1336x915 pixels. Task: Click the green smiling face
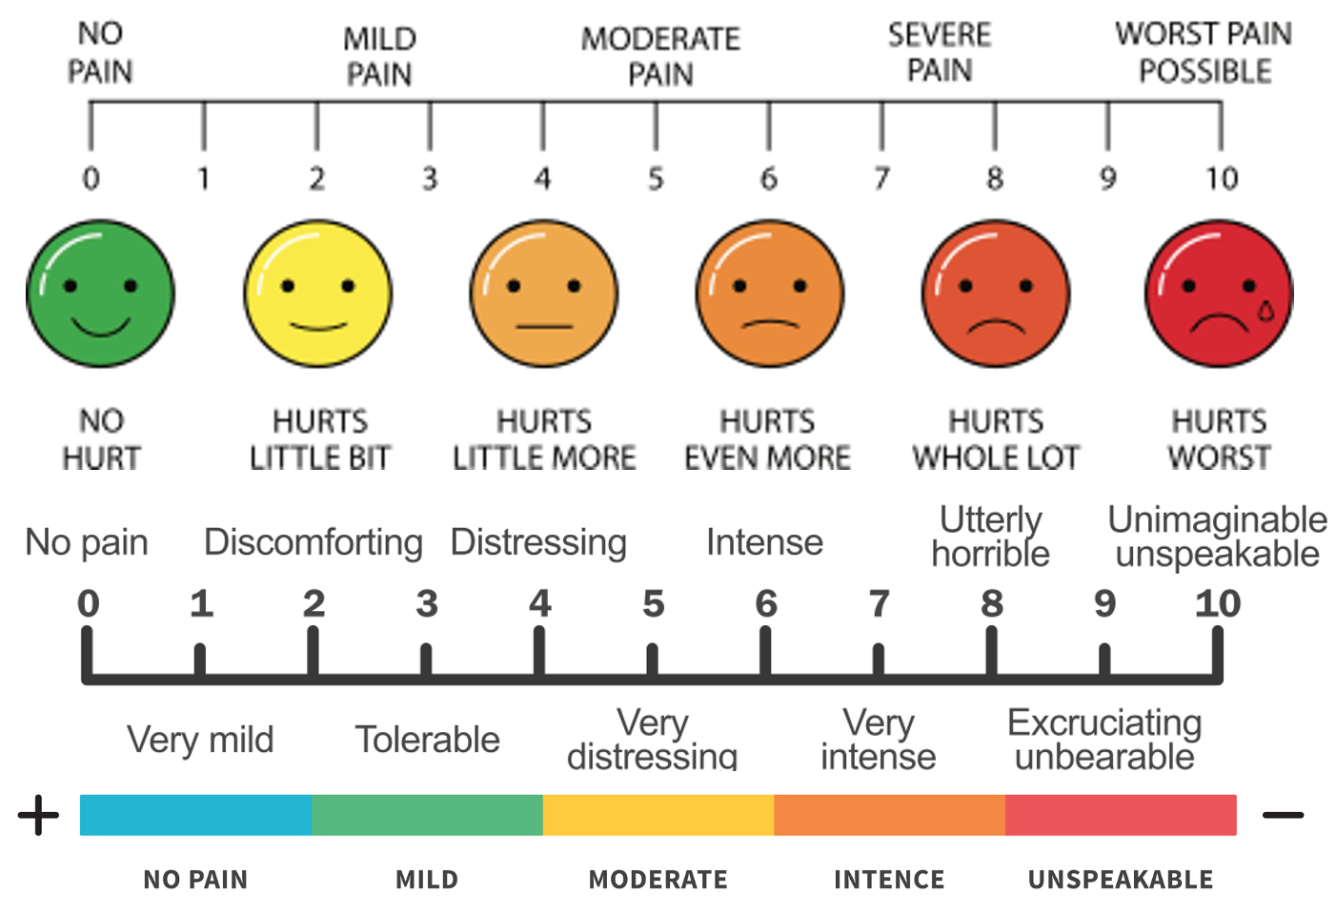[100, 294]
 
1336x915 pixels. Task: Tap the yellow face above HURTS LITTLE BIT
[318, 294]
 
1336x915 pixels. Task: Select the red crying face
[1219, 294]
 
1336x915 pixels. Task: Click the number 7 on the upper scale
[881, 178]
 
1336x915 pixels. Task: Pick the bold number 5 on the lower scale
[653, 603]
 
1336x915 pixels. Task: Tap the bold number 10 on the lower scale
[1218, 603]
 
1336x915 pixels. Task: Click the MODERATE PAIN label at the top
[660, 56]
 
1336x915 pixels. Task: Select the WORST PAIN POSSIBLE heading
[1204, 52]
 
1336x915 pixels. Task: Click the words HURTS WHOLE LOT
[996, 439]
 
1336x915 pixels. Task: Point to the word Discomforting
[314, 542]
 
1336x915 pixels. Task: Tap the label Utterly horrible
[991, 537]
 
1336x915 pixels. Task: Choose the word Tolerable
[427, 740]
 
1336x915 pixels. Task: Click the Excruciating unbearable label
[1104, 740]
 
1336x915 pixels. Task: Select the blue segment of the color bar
[195, 815]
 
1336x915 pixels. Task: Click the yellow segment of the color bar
[658, 815]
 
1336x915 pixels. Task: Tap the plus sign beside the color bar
[38, 815]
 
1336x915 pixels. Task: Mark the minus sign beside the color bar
[1283, 815]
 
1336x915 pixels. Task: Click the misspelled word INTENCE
[889, 880]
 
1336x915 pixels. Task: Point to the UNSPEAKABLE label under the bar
[1121, 880]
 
